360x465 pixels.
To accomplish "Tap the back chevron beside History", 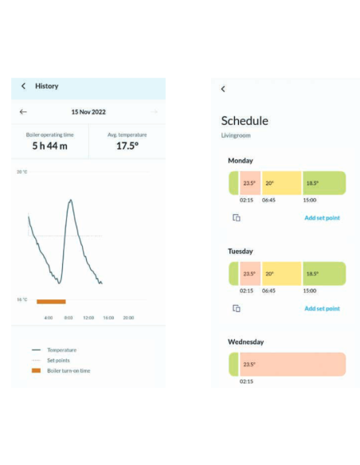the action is [23, 86].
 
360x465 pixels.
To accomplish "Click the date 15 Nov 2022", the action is [88, 111].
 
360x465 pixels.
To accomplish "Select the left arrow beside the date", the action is [23, 111].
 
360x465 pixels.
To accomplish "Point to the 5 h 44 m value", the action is [50, 146].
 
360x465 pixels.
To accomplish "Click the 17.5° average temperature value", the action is [127, 146].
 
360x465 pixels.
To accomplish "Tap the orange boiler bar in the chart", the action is [51, 302].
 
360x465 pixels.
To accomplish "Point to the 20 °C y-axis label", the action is [22, 172].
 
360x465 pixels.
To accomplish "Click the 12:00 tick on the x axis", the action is [88, 318].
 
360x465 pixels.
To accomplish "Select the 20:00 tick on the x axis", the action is [128, 318].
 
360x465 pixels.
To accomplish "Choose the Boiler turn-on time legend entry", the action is [61, 371].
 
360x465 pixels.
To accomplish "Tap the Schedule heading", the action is [245, 121].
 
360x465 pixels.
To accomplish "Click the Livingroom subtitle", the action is [236, 135].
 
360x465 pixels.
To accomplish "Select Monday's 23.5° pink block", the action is [250, 183].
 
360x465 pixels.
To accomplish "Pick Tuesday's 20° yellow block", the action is [281, 274].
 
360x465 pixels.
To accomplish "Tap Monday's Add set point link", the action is [322, 218].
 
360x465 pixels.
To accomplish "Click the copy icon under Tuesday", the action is [237, 308].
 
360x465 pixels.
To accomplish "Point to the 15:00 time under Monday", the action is [310, 200].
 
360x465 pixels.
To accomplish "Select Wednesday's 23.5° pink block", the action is [292, 365].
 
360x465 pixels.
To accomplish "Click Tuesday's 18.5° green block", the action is [324, 274].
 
